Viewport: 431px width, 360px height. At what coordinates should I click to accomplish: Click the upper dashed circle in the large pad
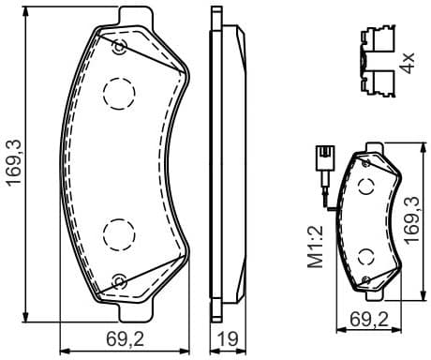(119, 91)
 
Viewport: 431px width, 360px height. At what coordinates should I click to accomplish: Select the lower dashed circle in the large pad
(119, 232)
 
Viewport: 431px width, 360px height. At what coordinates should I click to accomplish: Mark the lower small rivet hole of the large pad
(118, 277)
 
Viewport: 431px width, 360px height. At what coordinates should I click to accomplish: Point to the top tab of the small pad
(368, 145)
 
